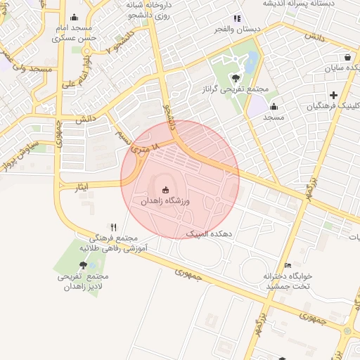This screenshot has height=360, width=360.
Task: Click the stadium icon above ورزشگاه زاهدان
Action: pos(166,189)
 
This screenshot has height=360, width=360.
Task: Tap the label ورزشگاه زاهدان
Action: pos(166,201)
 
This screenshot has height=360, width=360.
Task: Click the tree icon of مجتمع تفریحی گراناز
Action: pos(235,78)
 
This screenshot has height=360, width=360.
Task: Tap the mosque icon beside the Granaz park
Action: pos(273,106)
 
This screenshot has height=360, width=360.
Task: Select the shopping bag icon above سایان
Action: pos(347,58)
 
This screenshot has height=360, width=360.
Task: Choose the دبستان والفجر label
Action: pos(239,32)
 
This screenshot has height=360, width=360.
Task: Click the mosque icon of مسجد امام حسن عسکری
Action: pos(75,18)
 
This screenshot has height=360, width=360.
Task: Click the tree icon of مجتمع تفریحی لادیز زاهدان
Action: pos(84,265)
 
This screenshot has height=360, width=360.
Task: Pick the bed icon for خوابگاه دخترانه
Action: pos(287,265)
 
